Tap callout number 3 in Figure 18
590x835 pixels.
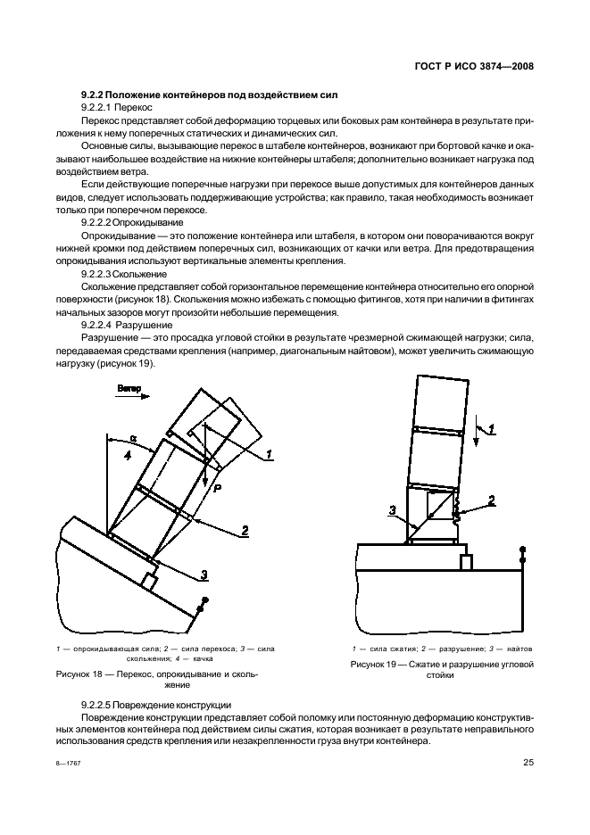pyautogui.click(x=204, y=574)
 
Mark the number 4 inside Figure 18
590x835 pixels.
pyautogui.click(x=128, y=457)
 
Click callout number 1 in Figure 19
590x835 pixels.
pyautogui.click(x=492, y=428)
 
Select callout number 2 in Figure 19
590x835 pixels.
pyautogui.click(x=491, y=500)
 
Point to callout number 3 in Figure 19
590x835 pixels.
pyautogui.click(x=391, y=509)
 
